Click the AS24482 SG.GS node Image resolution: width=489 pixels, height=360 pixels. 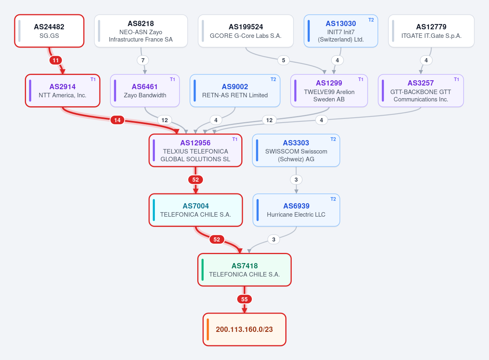pyautogui.click(x=49, y=31)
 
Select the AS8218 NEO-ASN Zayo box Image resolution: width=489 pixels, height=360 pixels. pyautogui.click(x=141, y=31)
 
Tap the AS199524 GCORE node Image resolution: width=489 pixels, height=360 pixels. pyautogui.click(x=246, y=31)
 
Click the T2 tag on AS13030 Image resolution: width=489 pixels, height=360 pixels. pyautogui.click(x=371, y=20)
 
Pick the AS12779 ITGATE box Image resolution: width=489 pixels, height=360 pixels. pyautogui.click(x=431, y=31)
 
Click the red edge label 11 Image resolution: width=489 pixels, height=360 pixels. pyautogui.click(x=56, y=60)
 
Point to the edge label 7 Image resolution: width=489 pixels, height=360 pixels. pyautogui.click(x=143, y=60)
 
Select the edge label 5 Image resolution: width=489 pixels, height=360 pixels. pyautogui.click(x=283, y=60)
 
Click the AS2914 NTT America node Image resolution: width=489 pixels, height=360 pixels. pyautogui.click(x=63, y=90)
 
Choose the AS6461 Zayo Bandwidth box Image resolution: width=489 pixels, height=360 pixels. pyautogui.click(x=145, y=90)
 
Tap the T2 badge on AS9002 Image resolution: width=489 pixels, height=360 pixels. pyautogui.click(x=273, y=79)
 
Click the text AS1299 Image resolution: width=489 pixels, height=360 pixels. pyautogui.click(x=329, y=83)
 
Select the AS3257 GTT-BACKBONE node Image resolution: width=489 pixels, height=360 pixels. pyautogui.click(x=421, y=90)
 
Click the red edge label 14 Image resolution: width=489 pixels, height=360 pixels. pyautogui.click(x=117, y=120)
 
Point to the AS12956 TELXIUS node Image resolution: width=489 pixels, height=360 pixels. pyautogui.click(x=195, y=150)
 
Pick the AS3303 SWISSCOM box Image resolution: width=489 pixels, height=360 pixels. pyautogui.click(x=296, y=150)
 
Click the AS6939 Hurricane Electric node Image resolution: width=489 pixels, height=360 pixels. pyautogui.click(x=296, y=210)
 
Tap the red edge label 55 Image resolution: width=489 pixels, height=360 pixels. pyautogui.click(x=244, y=299)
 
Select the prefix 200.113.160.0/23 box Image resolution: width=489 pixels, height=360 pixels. pyautogui.click(x=244, y=329)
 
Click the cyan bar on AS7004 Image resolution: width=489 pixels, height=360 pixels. pyautogui.click(x=154, y=210)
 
